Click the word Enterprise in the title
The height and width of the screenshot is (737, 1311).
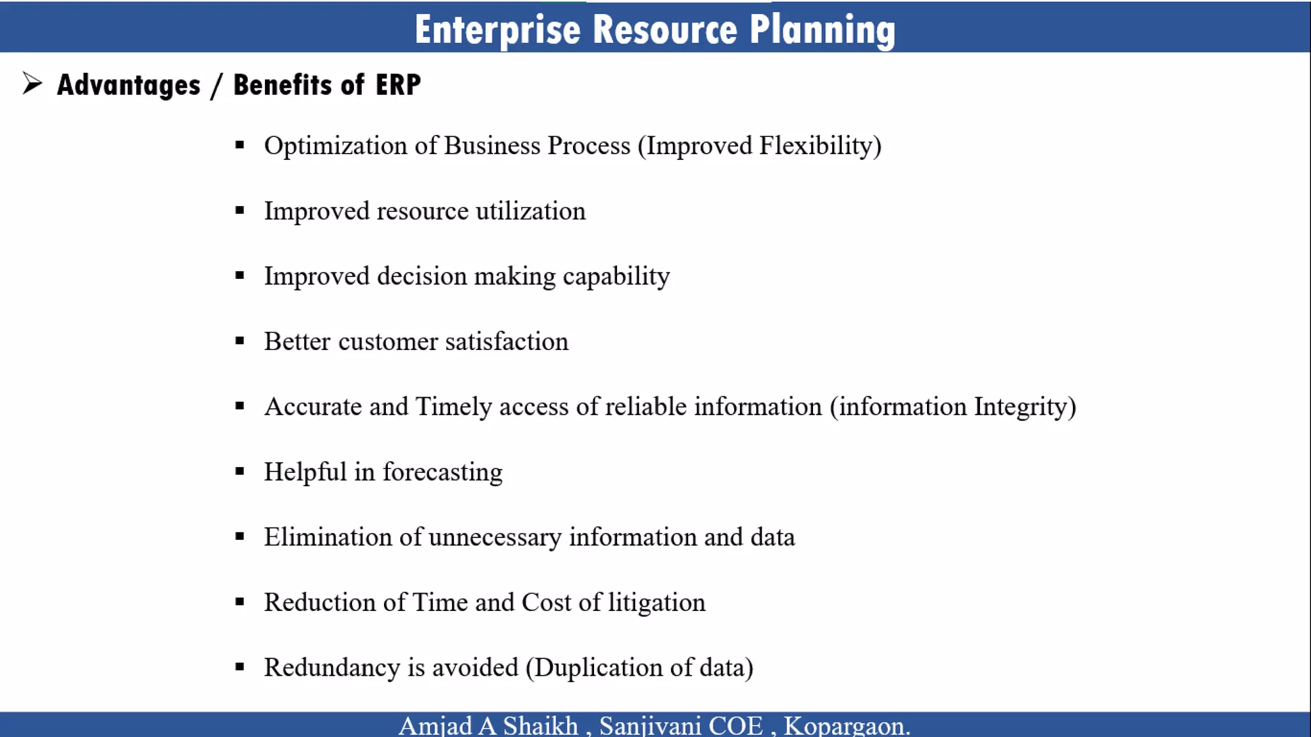(x=497, y=30)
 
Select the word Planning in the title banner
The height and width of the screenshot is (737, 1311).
(x=822, y=30)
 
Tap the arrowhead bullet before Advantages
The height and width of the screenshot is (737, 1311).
(x=32, y=83)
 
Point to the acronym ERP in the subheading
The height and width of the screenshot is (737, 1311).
(x=398, y=85)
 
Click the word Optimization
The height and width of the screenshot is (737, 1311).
(x=335, y=146)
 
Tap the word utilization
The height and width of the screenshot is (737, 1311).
(x=530, y=211)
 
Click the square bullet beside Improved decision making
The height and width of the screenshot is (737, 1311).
(x=240, y=276)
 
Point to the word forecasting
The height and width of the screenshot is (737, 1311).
(x=442, y=473)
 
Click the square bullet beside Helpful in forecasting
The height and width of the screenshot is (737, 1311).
(x=240, y=472)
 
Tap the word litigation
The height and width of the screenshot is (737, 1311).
(x=656, y=603)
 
